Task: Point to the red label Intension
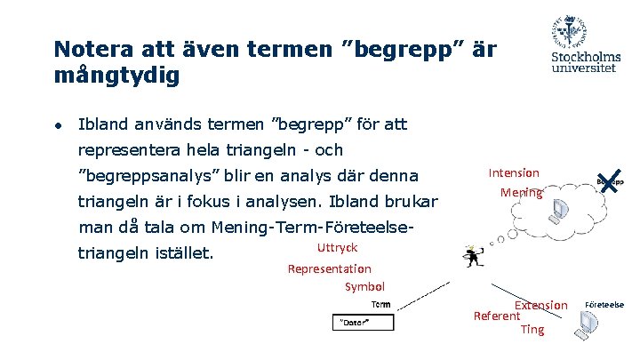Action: coord(514,172)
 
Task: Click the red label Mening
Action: coord(520,192)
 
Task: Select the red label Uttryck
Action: coord(337,248)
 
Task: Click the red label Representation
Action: coord(330,268)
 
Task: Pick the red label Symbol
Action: coord(364,286)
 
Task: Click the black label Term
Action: coord(380,304)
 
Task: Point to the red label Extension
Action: coord(540,305)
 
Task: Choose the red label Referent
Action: coord(496,316)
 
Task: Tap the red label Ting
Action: coord(532,329)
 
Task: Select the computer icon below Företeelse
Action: coord(586,328)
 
